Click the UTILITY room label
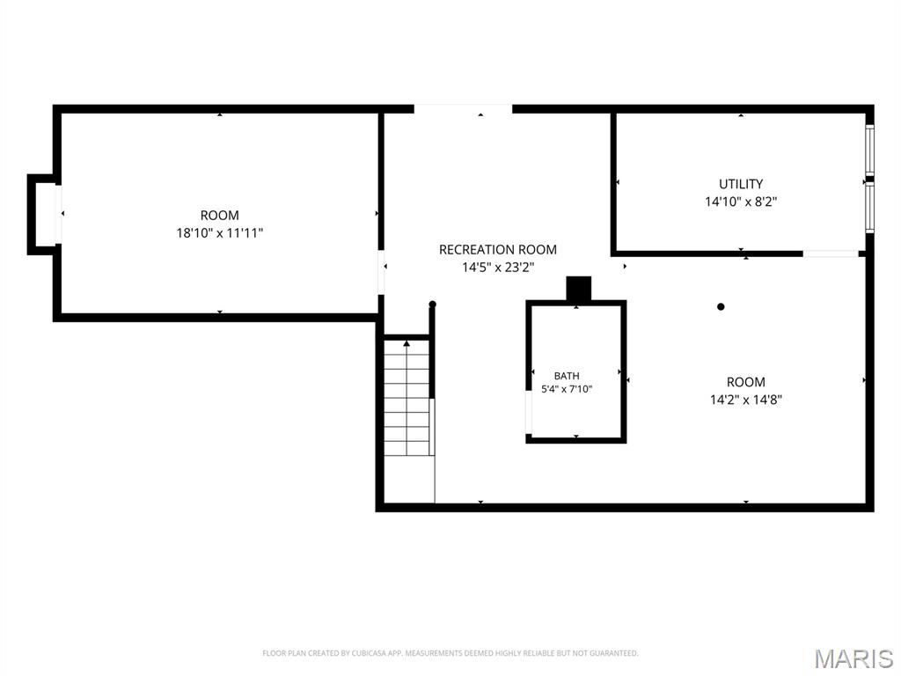741,184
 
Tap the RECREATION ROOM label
498,249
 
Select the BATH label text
567,376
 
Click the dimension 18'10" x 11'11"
219,232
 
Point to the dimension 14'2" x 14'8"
746,400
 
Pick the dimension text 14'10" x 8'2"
741,202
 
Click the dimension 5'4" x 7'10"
567,389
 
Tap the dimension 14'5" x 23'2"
498,268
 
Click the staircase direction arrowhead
407,343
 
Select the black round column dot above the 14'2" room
721,306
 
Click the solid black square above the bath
579,289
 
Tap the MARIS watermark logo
853,658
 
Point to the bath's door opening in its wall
529,412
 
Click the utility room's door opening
831,253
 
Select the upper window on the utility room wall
870,150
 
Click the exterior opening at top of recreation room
463,108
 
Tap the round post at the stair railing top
433,304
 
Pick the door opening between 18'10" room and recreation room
381,272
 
